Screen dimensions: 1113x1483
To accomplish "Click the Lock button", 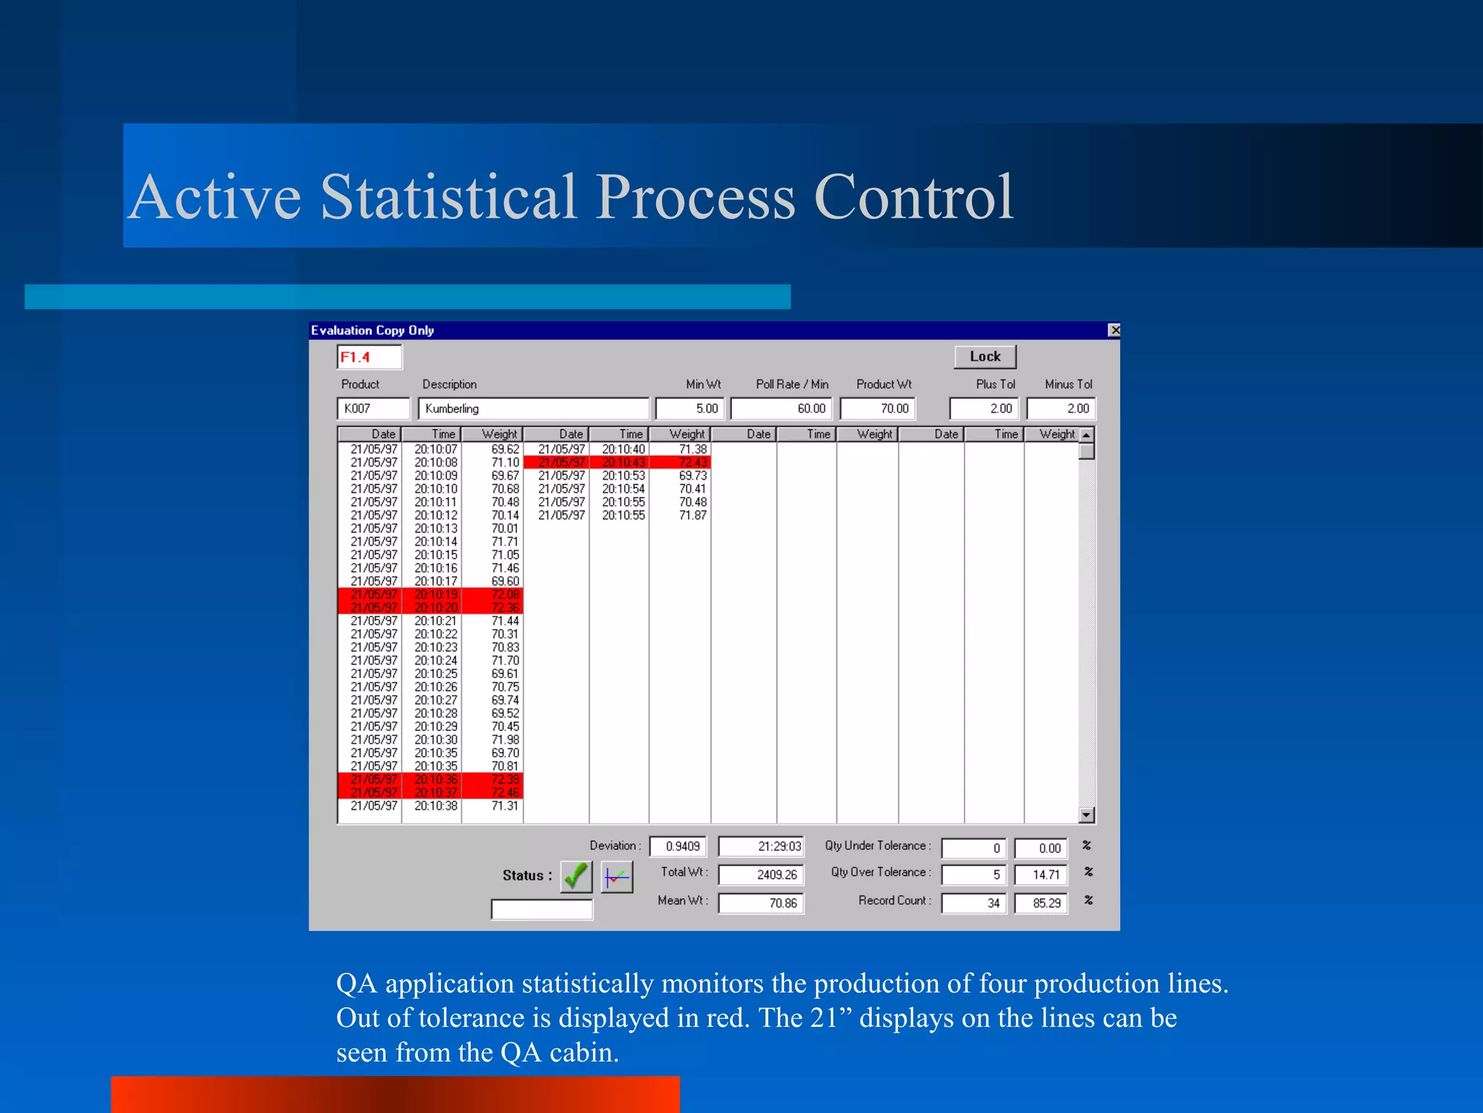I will pyautogui.click(x=985, y=357).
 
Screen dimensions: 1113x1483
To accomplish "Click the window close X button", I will pyautogui.click(x=1114, y=330).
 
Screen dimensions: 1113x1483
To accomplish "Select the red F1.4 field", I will pyautogui.click(x=369, y=357).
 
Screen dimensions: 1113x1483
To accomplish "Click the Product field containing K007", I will pyautogui.click(x=373, y=409).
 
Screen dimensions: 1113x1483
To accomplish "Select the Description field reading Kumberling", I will pyautogui.click(x=533, y=409).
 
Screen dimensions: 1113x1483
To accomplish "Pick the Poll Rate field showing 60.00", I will pyautogui.click(x=781, y=409).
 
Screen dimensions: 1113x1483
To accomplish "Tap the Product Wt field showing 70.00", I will pyautogui.click(x=878, y=409).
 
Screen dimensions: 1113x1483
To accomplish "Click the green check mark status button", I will pyautogui.click(x=576, y=877).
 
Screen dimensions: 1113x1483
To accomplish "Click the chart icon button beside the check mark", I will pyautogui.click(x=617, y=877).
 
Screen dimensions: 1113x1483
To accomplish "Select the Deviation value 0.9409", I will pyautogui.click(x=682, y=846).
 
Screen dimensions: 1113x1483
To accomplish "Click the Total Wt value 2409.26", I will pyautogui.click(x=761, y=875).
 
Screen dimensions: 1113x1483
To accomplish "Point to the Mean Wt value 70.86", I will pyautogui.click(x=761, y=904).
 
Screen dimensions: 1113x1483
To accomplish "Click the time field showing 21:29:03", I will pyautogui.click(x=761, y=846).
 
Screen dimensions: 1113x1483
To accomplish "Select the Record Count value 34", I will pyautogui.click(x=974, y=904).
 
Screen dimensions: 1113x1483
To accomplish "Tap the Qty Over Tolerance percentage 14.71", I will pyautogui.click(x=1041, y=875).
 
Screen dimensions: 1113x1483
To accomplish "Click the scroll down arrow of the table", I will pyautogui.click(x=1086, y=815).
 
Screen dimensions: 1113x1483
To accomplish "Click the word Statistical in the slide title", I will pyautogui.click(x=448, y=197).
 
